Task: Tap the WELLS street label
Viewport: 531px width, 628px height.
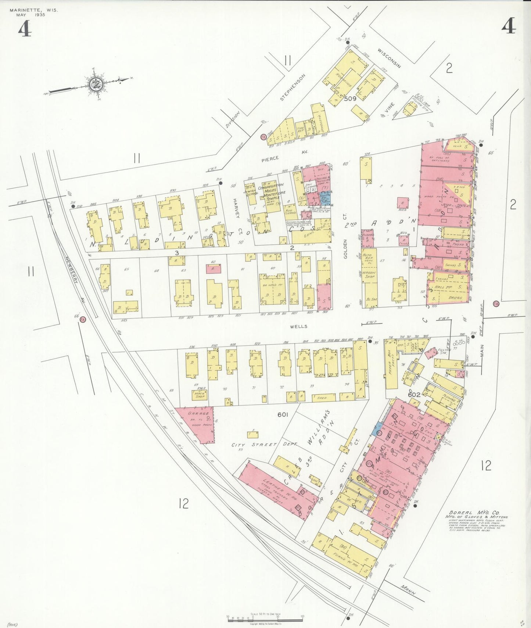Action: (x=298, y=326)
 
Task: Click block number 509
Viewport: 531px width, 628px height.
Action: (x=350, y=98)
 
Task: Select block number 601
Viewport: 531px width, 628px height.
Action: (x=283, y=415)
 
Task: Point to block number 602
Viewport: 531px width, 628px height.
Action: (x=414, y=395)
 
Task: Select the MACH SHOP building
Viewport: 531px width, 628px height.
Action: (x=200, y=395)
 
